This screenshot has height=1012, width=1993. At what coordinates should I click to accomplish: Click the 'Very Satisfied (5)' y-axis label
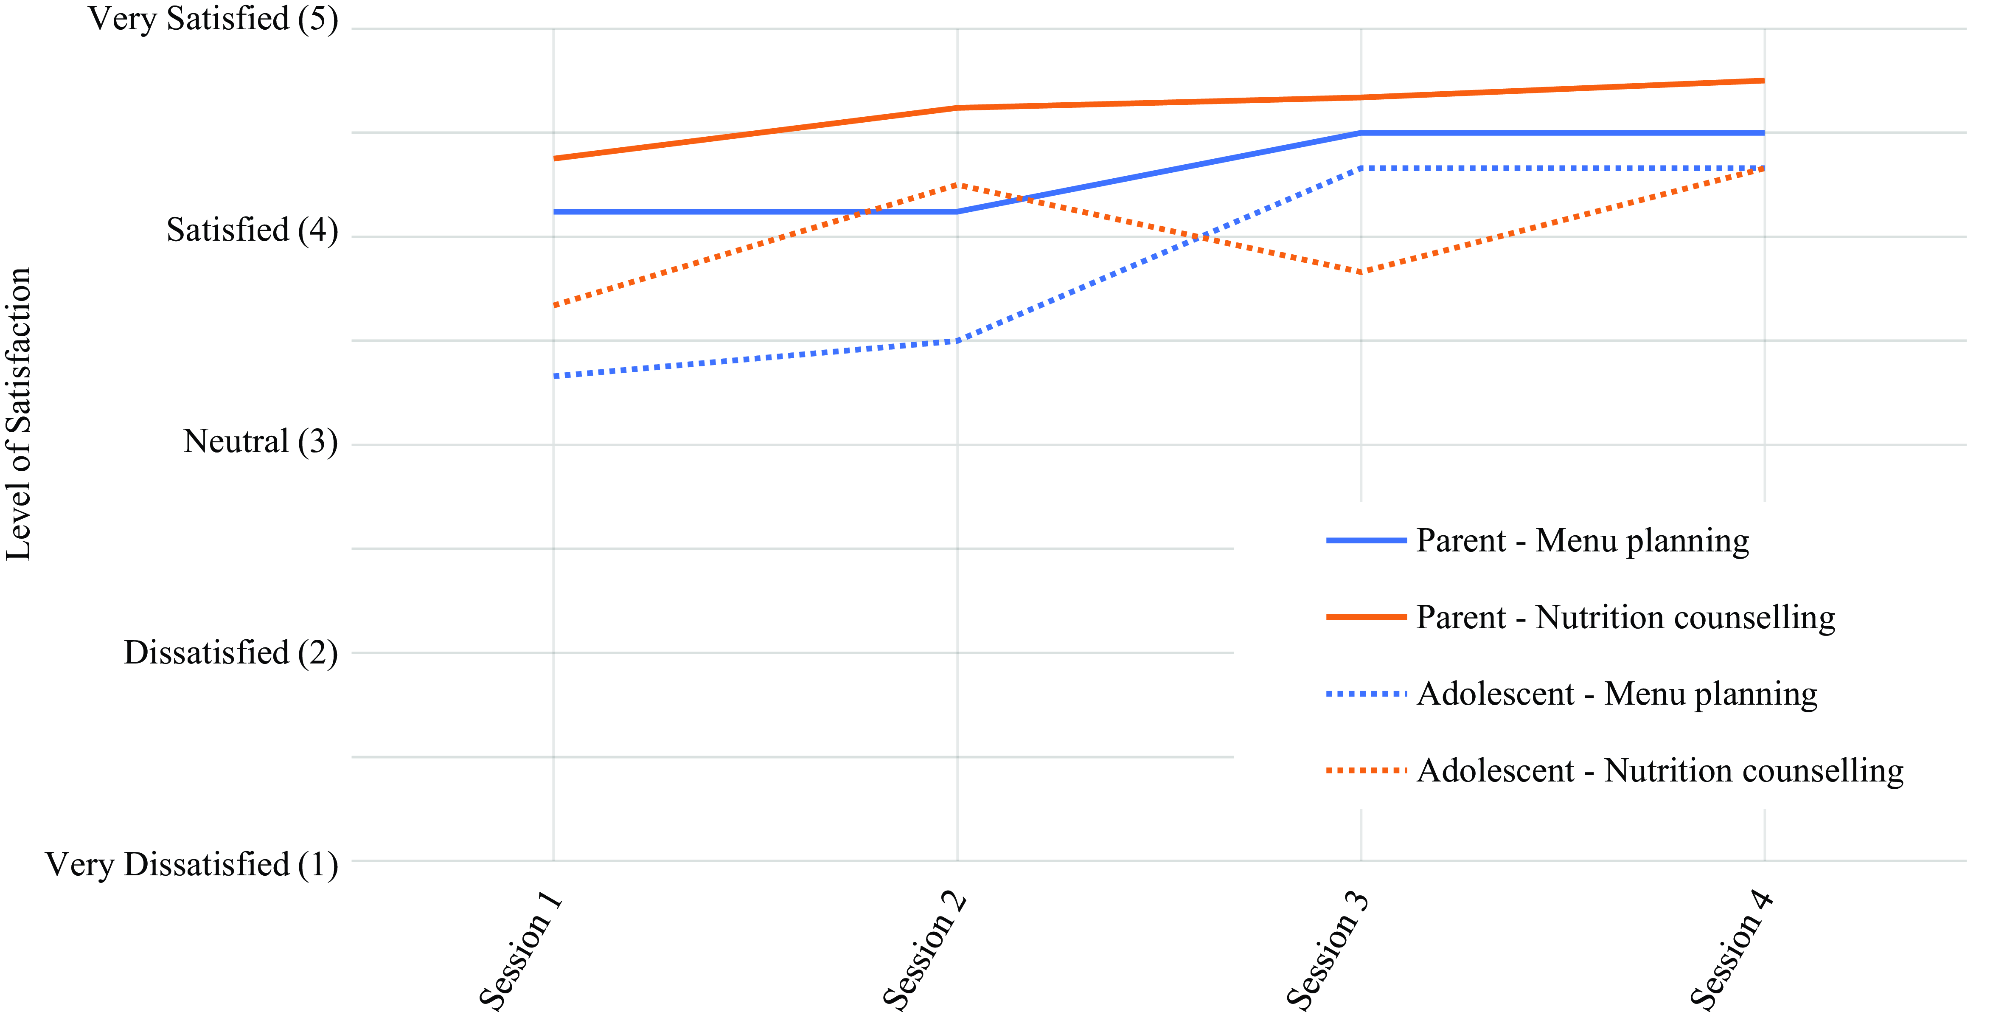[x=213, y=19]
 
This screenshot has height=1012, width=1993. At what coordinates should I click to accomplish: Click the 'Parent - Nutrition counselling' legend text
[x=1625, y=617]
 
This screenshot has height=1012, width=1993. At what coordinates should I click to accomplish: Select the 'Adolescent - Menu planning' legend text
[x=1617, y=694]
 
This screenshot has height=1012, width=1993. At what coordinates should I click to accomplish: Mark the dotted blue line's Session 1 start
[x=555, y=376]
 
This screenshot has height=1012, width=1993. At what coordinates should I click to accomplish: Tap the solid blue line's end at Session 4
[x=1764, y=133]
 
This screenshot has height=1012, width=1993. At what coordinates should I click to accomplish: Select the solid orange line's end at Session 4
[x=1764, y=81]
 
